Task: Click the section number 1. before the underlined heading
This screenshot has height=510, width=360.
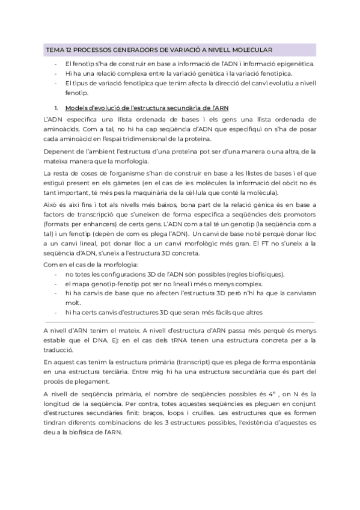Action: pos(56,108)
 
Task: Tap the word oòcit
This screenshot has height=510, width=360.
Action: pos(290,182)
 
